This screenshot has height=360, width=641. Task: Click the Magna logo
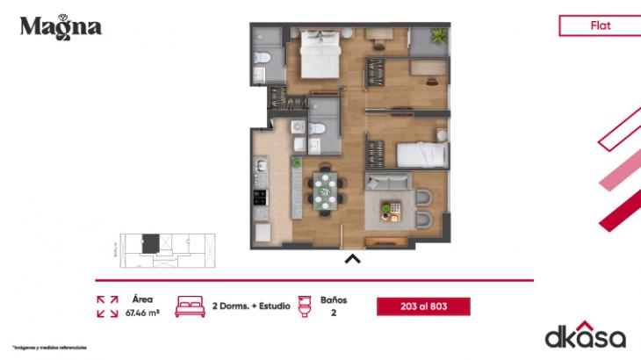[x=61, y=26]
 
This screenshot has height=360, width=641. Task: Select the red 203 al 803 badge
[x=423, y=306]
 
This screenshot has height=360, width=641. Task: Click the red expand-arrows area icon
[x=107, y=306]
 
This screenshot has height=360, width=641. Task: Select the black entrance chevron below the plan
[x=352, y=259]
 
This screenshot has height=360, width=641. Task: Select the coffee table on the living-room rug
[x=389, y=209]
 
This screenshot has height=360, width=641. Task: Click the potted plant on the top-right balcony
[x=436, y=36]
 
